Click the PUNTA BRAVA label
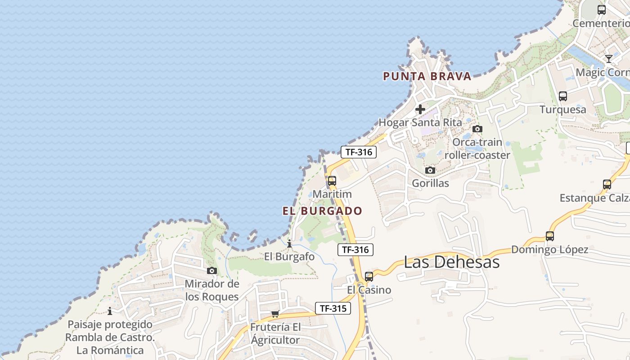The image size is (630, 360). (x=427, y=76)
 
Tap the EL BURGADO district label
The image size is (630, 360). (x=322, y=211)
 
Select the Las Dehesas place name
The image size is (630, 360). (x=451, y=262)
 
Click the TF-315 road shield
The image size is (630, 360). (x=333, y=308)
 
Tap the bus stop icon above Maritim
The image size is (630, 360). (x=332, y=181)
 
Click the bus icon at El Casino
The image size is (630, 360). (x=369, y=277)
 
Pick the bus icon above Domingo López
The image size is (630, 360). (x=549, y=236)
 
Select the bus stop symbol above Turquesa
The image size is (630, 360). (x=562, y=96)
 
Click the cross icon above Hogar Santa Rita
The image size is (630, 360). (x=420, y=109)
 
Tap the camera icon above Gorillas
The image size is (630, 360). (x=430, y=170)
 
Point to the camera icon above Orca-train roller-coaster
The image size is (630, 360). (x=477, y=129)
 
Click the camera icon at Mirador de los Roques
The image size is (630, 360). (x=211, y=270)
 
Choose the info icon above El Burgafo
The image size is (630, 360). (x=289, y=244)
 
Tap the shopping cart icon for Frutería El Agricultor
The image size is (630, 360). (x=275, y=313)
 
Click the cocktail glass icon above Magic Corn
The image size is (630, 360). (x=608, y=58)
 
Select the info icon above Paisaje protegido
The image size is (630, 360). (x=109, y=311)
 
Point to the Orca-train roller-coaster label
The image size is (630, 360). (x=477, y=148)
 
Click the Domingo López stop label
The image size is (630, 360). (x=549, y=249)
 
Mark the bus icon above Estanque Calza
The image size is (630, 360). (x=607, y=184)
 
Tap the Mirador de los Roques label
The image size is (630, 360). (x=211, y=290)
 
